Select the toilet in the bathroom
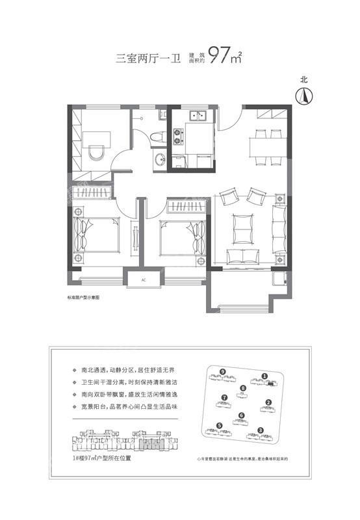156,137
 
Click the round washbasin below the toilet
159,159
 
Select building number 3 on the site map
260,430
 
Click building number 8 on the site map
243,388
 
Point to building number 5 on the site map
220,426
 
